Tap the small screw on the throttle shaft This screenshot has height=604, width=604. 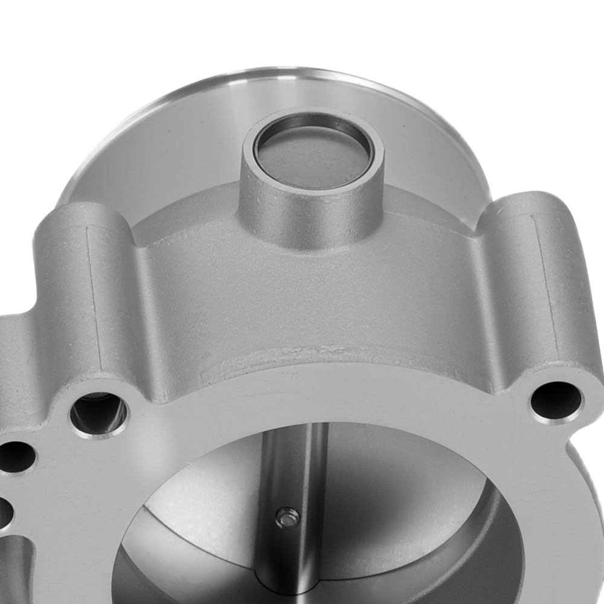tap(286, 516)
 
